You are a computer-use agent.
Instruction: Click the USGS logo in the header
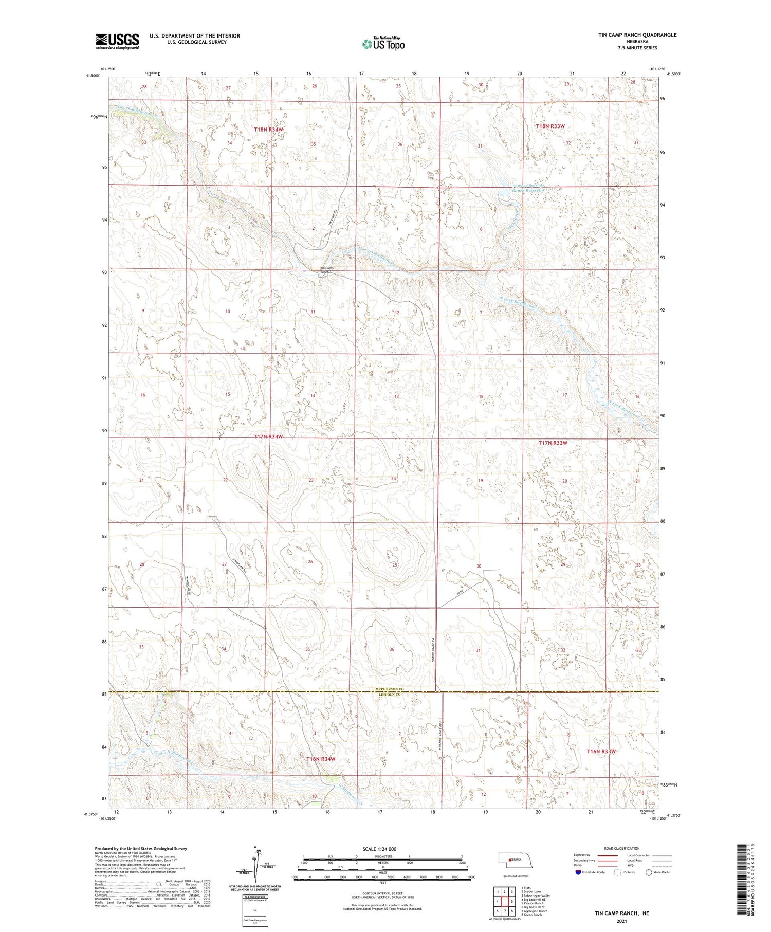coord(117,41)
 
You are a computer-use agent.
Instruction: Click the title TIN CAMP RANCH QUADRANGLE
coord(630,35)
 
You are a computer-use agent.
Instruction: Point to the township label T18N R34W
coord(269,130)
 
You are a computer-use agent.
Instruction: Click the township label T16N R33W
coord(601,752)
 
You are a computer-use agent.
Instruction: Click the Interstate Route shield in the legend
coord(578,872)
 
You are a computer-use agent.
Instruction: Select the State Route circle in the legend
coord(649,872)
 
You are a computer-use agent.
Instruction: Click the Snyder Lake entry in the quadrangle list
coord(531,891)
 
